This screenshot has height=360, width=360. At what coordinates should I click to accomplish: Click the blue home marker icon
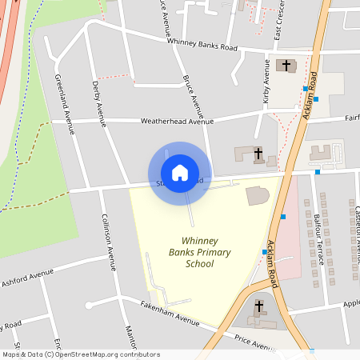point(179,173)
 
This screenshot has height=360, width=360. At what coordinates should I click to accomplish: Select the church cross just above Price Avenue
point(259,306)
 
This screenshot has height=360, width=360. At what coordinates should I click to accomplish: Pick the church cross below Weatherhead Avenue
point(258,152)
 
